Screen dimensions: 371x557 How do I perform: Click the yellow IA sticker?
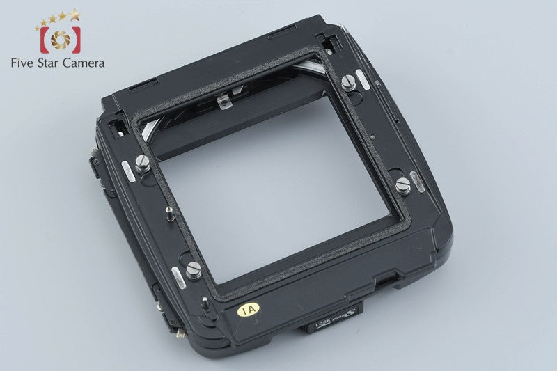(245, 307)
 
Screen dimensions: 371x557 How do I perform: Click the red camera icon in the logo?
(60, 40)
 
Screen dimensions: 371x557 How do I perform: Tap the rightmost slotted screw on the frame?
(402, 184)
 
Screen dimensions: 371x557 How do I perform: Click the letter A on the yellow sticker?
(249, 306)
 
